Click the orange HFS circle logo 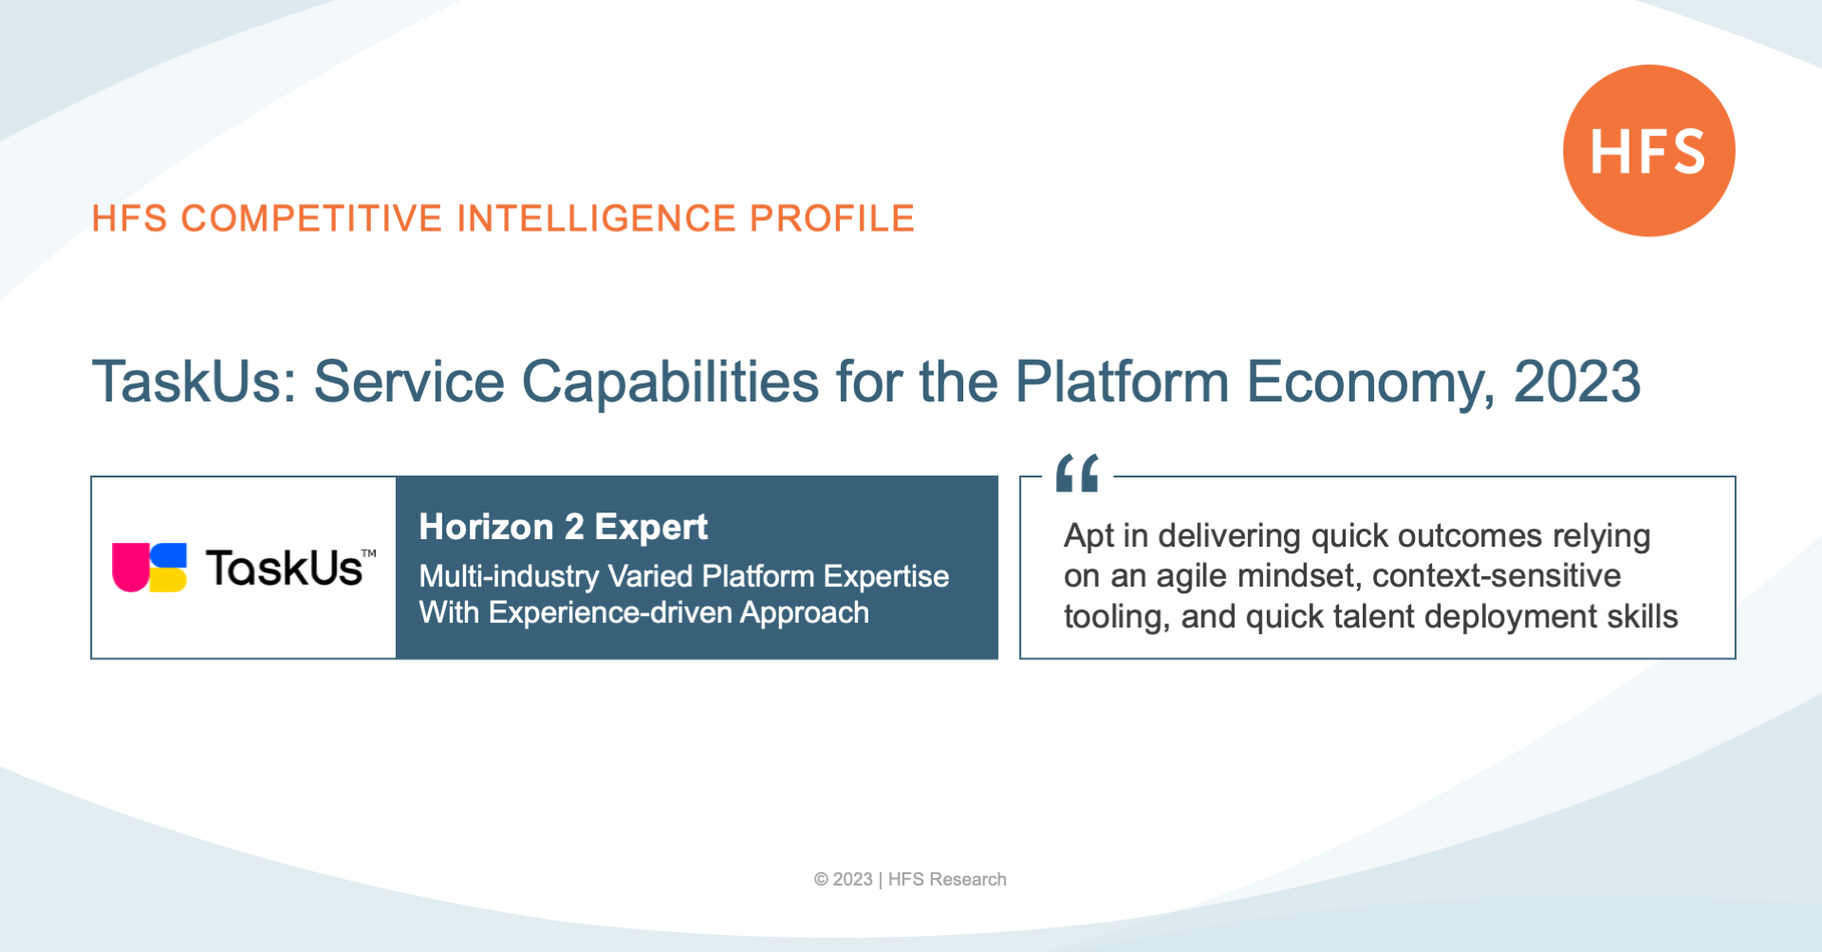point(1648,150)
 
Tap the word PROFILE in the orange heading point(832,218)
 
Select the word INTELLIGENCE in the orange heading point(596,218)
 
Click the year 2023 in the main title point(1577,382)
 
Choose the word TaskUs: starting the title point(195,382)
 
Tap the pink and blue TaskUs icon point(149,568)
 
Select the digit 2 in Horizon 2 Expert point(574,527)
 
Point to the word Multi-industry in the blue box point(509,576)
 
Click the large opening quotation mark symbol point(1078,473)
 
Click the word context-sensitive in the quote point(1497,576)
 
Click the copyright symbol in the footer point(821,880)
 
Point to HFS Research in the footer point(947,880)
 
